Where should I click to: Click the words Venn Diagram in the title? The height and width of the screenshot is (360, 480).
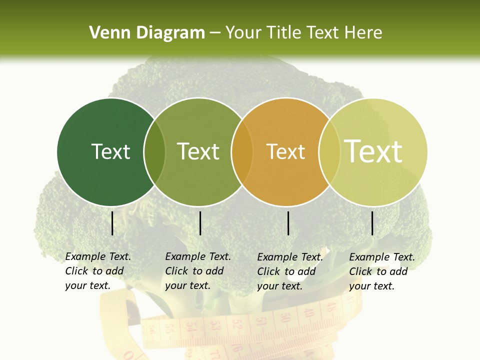[x=146, y=33]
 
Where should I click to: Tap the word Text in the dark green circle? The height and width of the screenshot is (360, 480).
[x=110, y=151]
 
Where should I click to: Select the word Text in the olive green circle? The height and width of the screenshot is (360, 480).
[x=198, y=151]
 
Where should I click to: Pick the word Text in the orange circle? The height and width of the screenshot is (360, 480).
[x=285, y=151]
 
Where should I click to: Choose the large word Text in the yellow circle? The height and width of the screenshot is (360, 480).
[x=373, y=151]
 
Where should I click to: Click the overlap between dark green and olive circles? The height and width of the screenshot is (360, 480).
[x=154, y=152]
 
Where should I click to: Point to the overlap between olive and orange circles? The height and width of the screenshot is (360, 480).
[x=242, y=152]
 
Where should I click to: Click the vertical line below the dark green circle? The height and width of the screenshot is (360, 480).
[x=112, y=223]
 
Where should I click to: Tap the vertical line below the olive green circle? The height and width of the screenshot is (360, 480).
[x=200, y=223]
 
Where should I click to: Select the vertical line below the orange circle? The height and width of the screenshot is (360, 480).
[x=288, y=223]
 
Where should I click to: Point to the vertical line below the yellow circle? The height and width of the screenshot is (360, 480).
[x=372, y=223]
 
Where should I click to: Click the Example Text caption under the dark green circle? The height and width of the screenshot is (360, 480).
[x=97, y=271]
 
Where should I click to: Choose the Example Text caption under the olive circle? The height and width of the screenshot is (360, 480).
[x=197, y=271]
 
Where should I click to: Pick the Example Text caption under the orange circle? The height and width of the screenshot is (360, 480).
[x=289, y=271]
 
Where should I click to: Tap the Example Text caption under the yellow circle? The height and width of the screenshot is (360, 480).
[x=381, y=271]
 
